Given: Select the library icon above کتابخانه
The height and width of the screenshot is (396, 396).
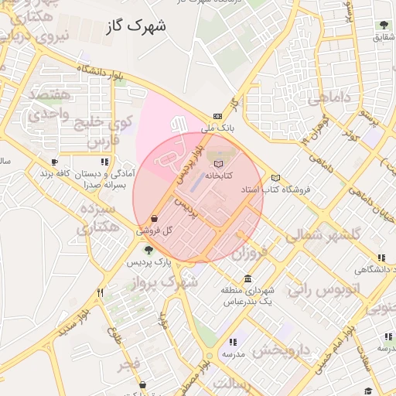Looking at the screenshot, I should coord(219,165).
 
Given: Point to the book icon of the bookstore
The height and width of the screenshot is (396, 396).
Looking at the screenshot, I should coord(276,178).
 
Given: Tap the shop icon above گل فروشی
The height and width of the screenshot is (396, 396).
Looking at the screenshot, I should coord(155,219).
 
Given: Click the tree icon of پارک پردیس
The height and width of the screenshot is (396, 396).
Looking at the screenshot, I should coord(148,249).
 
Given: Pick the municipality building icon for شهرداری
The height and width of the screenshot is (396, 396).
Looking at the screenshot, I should coord(247,278).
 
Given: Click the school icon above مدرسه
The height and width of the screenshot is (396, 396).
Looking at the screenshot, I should coord(233,342).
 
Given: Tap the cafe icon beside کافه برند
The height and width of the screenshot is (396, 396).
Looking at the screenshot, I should coord(54,162).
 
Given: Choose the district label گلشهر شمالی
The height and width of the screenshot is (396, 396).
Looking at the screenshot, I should coord(323,234).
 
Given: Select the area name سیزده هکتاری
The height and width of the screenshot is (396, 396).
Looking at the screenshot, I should coord(98,218).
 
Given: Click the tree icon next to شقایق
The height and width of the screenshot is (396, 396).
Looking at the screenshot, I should coord(383,26).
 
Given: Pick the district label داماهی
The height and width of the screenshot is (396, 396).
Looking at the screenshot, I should coord(329,98).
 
